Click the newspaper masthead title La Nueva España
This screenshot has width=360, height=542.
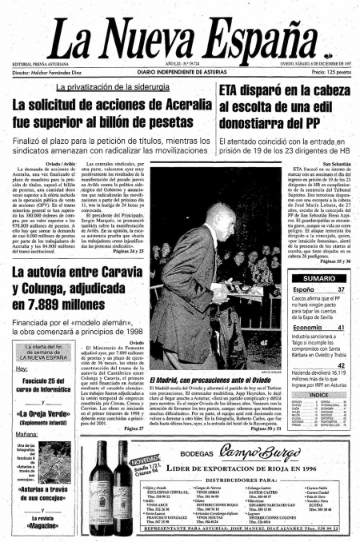179,36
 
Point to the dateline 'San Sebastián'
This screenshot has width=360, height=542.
334,164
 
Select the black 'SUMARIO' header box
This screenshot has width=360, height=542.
318,277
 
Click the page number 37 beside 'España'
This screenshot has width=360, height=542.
340,289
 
